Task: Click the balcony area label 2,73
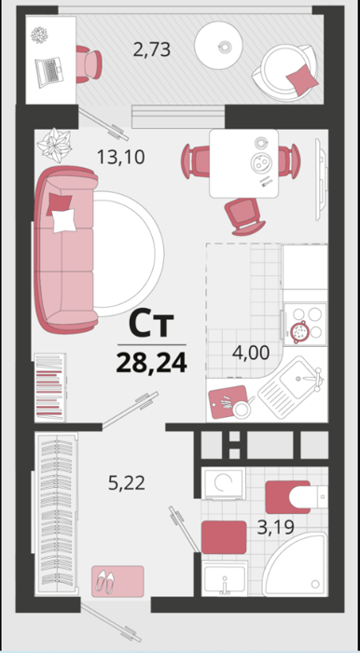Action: [152, 49]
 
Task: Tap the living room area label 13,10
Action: [120, 157]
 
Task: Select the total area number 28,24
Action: [151, 363]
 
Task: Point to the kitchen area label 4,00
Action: [251, 353]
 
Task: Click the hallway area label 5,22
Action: [127, 483]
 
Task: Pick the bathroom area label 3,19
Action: [276, 527]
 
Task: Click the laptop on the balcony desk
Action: [49, 72]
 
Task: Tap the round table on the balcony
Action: [219, 45]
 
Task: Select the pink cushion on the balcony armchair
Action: [302, 78]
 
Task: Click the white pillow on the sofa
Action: [64, 221]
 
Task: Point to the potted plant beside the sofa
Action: [54, 145]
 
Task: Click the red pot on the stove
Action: [299, 331]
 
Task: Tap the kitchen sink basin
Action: [298, 378]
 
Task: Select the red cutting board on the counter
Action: [228, 402]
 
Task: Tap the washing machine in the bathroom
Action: [224, 483]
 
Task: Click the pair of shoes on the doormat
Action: [104, 581]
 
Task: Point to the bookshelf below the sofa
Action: [50, 387]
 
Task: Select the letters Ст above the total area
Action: [151, 325]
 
